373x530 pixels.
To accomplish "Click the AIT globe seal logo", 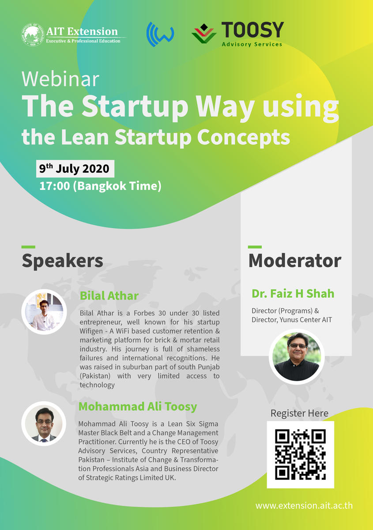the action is coord(33,34).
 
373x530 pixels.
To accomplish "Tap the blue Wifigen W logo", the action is coord(160,34).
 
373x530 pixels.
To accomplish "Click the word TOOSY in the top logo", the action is coord(252,30).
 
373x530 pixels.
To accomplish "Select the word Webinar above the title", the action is coord(60,79).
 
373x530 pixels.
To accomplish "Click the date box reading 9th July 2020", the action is coord(75,169).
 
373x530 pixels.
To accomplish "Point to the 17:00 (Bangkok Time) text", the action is coord(100,186).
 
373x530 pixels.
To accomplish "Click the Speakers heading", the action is coord(62,261).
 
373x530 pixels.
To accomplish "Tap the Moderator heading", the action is coord(295,261).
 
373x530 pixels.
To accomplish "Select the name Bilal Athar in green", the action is coord(109,295).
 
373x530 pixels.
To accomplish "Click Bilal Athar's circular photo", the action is coord(44,312).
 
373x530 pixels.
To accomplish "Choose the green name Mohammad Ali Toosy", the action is coord(138,406).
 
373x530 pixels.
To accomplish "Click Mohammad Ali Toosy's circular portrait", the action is coord(44,424).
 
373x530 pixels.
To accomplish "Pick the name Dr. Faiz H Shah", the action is coord(293,293).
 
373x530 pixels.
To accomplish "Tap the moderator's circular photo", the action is coord(297,356).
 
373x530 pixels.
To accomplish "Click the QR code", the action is coord(301,454).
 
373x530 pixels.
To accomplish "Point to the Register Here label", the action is coord(299,413).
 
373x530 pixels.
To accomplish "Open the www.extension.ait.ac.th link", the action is coord(304,506).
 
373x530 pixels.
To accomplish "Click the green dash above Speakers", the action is coord(28,247).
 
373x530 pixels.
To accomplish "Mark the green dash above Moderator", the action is coord(255,247).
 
